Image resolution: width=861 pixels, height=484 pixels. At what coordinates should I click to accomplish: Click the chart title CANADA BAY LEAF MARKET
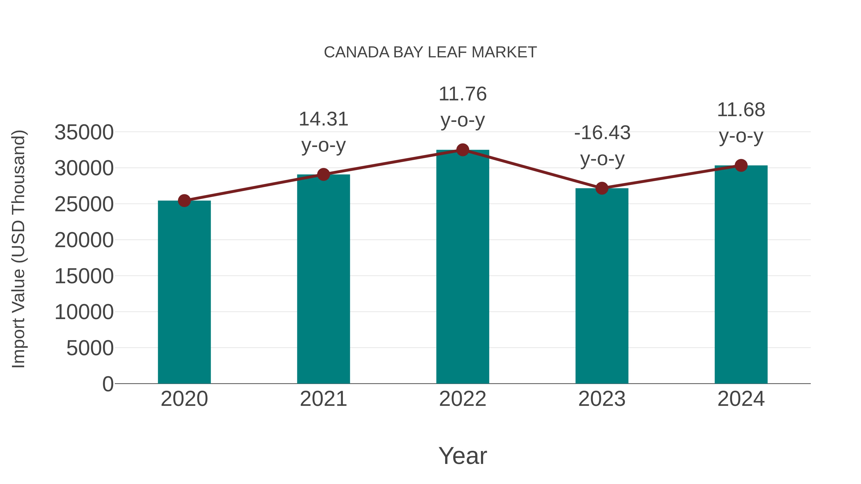pos(430,52)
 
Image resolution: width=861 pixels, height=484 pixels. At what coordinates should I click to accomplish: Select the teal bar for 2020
pos(184,292)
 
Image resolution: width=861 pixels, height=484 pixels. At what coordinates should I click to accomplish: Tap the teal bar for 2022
pos(463,267)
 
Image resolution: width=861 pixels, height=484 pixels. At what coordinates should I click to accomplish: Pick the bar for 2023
pos(602,286)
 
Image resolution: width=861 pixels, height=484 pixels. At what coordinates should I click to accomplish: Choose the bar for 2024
pos(741,275)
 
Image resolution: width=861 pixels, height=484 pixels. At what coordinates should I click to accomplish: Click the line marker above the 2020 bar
pos(184,201)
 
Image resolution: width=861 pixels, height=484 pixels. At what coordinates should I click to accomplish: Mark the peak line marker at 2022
pos(463,150)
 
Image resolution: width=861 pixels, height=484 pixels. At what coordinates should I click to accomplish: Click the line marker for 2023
pos(602,188)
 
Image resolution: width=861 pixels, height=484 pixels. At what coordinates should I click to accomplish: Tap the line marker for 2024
pos(741,165)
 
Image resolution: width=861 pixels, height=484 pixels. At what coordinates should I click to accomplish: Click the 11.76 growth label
pos(463,107)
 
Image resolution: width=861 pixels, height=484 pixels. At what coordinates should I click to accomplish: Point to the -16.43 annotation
pos(602,146)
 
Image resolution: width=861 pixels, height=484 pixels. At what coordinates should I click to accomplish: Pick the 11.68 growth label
pos(741,123)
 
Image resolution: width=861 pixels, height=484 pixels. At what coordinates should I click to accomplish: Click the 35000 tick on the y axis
pos(84,132)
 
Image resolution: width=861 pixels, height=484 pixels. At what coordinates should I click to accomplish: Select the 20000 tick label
pos(84,240)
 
